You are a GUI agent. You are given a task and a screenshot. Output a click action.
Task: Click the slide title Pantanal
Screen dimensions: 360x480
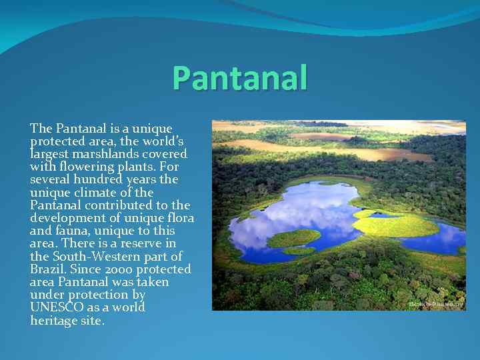(x=240, y=77)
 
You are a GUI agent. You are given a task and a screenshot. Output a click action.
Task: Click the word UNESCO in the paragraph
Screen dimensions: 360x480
(x=57, y=307)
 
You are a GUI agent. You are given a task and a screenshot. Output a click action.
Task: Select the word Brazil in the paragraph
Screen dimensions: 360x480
(x=46, y=269)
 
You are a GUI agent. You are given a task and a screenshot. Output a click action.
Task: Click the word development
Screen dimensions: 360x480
(x=66, y=218)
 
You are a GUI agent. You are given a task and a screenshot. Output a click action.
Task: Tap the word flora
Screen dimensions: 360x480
(x=181, y=218)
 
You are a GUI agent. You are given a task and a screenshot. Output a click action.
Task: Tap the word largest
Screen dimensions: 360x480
(x=49, y=154)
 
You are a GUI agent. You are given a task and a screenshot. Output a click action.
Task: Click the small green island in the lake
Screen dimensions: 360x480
(x=293, y=237)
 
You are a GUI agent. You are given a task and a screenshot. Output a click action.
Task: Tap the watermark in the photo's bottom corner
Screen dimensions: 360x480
(x=437, y=304)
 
